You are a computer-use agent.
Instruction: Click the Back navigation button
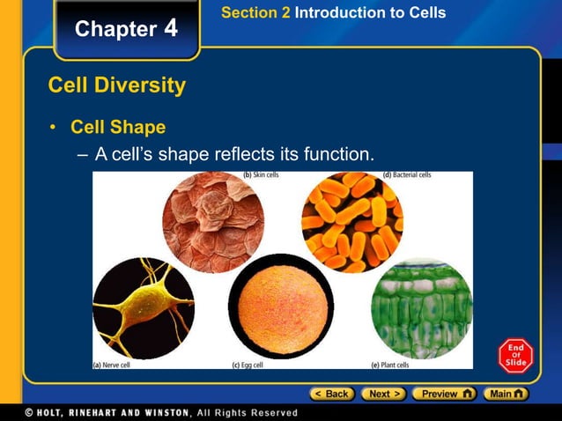[x=331, y=394]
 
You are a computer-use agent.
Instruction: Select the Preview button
[x=444, y=394]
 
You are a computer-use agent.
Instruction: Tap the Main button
[x=507, y=394]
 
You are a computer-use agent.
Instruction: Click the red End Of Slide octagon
[x=515, y=356]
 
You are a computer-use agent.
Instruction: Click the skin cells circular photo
[x=212, y=222]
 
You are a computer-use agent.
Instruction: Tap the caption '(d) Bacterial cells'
[x=407, y=175]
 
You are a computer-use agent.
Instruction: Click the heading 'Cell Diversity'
[x=116, y=85]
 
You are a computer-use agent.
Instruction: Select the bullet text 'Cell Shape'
[x=118, y=127]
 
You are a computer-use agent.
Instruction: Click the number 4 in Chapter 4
[x=170, y=28]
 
